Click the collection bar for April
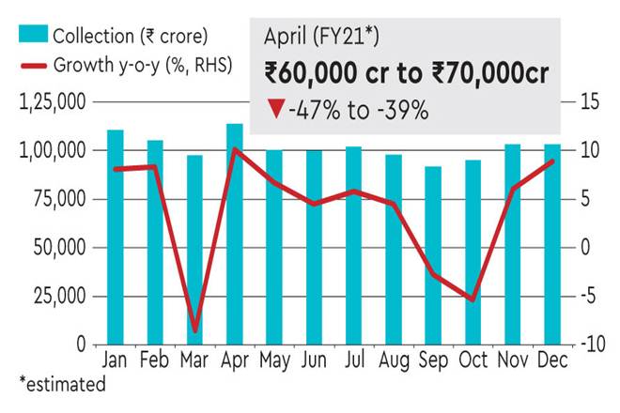click(235, 234)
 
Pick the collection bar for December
click(552, 244)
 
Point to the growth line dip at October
click(473, 299)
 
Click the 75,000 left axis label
click(58, 199)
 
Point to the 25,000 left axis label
click(58, 297)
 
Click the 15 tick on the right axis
click(584, 101)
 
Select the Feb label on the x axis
click(155, 360)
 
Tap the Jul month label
click(353, 360)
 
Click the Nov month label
click(513, 360)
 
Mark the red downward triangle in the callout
click(274, 112)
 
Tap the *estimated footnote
click(62, 384)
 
